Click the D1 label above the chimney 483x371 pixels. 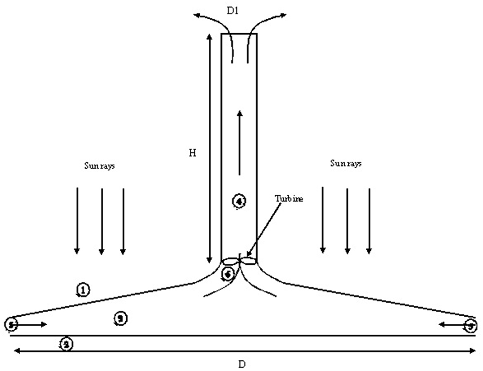232,10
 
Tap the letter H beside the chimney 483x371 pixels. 192,153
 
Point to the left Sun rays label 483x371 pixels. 99,165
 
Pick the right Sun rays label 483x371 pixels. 346,164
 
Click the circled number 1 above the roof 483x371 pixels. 83,290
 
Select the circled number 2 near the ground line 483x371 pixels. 66,345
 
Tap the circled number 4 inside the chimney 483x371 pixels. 239,201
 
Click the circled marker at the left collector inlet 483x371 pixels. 12,324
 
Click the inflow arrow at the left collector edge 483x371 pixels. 32,324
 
